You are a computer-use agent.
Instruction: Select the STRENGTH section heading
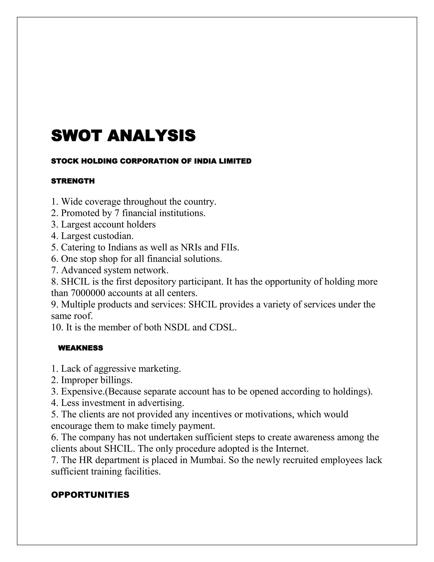(73, 181)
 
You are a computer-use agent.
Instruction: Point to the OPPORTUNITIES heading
(90, 495)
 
